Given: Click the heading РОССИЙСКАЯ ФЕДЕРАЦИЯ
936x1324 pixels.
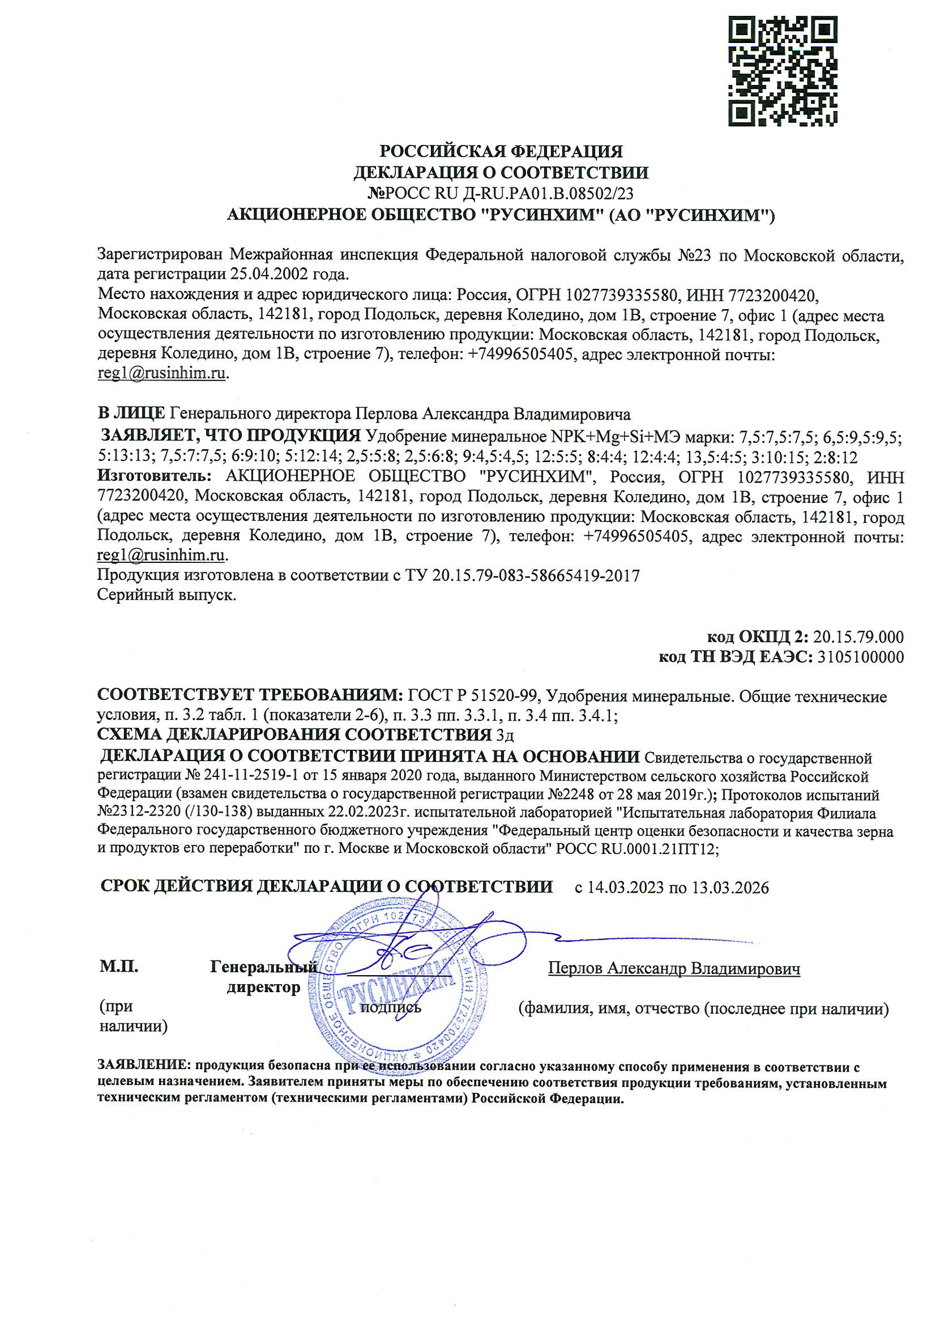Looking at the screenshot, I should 501,152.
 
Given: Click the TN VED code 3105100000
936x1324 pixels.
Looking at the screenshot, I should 861,657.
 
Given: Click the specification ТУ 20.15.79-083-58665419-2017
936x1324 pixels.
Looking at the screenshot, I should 536,575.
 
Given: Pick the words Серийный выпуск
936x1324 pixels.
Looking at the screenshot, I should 166,595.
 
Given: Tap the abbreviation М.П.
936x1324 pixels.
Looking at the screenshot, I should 119,967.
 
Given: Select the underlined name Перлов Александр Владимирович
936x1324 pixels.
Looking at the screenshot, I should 674,968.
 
